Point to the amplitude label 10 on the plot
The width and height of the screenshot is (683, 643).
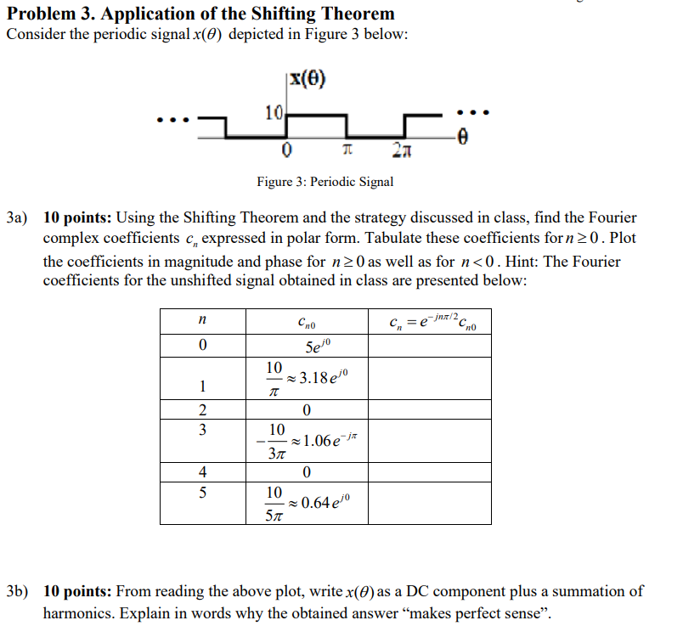pos(273,112)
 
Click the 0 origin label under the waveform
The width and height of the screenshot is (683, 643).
pos(287,151)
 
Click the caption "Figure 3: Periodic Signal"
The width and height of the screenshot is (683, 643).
pos(325,182)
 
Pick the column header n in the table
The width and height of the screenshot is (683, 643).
pos(201,319)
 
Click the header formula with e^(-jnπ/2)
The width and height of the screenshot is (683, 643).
pos(428,319)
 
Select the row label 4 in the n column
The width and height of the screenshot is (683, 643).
pos(201,471)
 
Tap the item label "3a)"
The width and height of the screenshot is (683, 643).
pos(19,218)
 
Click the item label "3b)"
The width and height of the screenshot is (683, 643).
pos(19,591)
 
